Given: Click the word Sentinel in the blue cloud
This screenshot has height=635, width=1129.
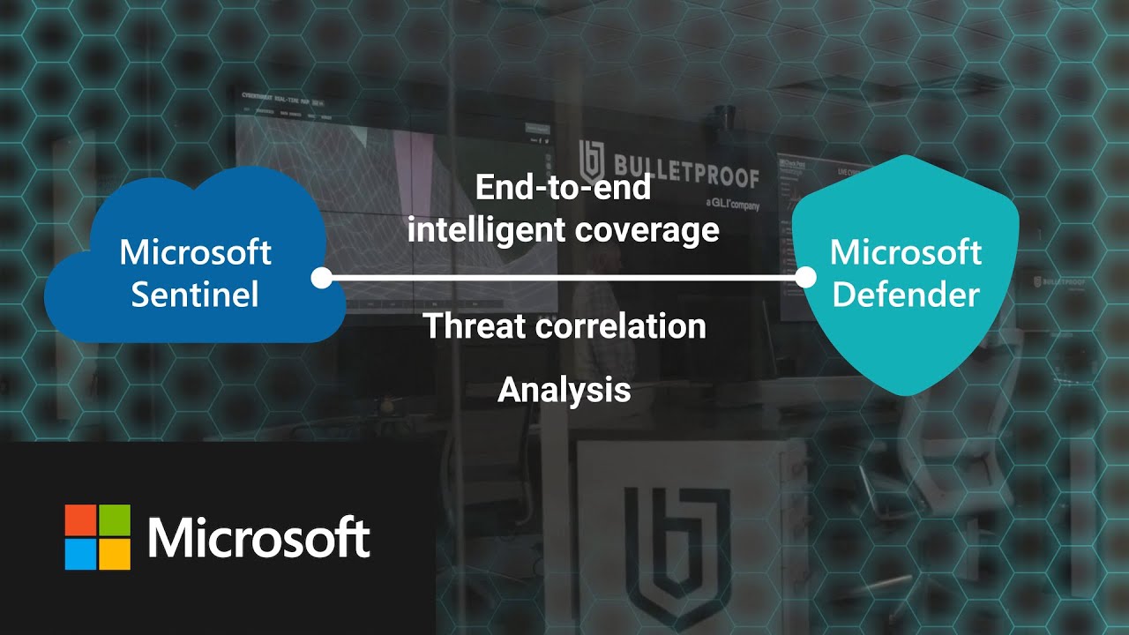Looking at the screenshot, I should coord(195,295).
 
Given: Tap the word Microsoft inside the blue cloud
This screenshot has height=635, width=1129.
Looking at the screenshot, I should coord(195,252).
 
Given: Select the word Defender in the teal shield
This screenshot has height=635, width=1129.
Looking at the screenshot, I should coord(906,295).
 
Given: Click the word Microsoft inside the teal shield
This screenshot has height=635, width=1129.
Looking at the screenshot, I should coord(906,252).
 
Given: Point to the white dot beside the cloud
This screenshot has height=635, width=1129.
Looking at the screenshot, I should coord(322,279).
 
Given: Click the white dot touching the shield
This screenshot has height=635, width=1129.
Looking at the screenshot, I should coord(805,279).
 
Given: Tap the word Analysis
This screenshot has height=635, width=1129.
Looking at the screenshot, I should coord(564,390).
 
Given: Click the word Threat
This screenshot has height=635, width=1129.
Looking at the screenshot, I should coord(474,326).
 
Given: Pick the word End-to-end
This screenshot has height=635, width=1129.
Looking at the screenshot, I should coord(563,187).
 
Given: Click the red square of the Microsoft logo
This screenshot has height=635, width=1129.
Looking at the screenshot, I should coord(80,520).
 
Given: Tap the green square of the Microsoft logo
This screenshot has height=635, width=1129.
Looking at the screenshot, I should coord(114,520).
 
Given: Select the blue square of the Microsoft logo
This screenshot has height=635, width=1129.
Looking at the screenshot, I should coord(80,554).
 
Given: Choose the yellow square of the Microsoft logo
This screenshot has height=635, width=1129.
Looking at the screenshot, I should coord(114,554).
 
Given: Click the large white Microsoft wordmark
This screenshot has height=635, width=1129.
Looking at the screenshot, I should coord(258,537).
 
